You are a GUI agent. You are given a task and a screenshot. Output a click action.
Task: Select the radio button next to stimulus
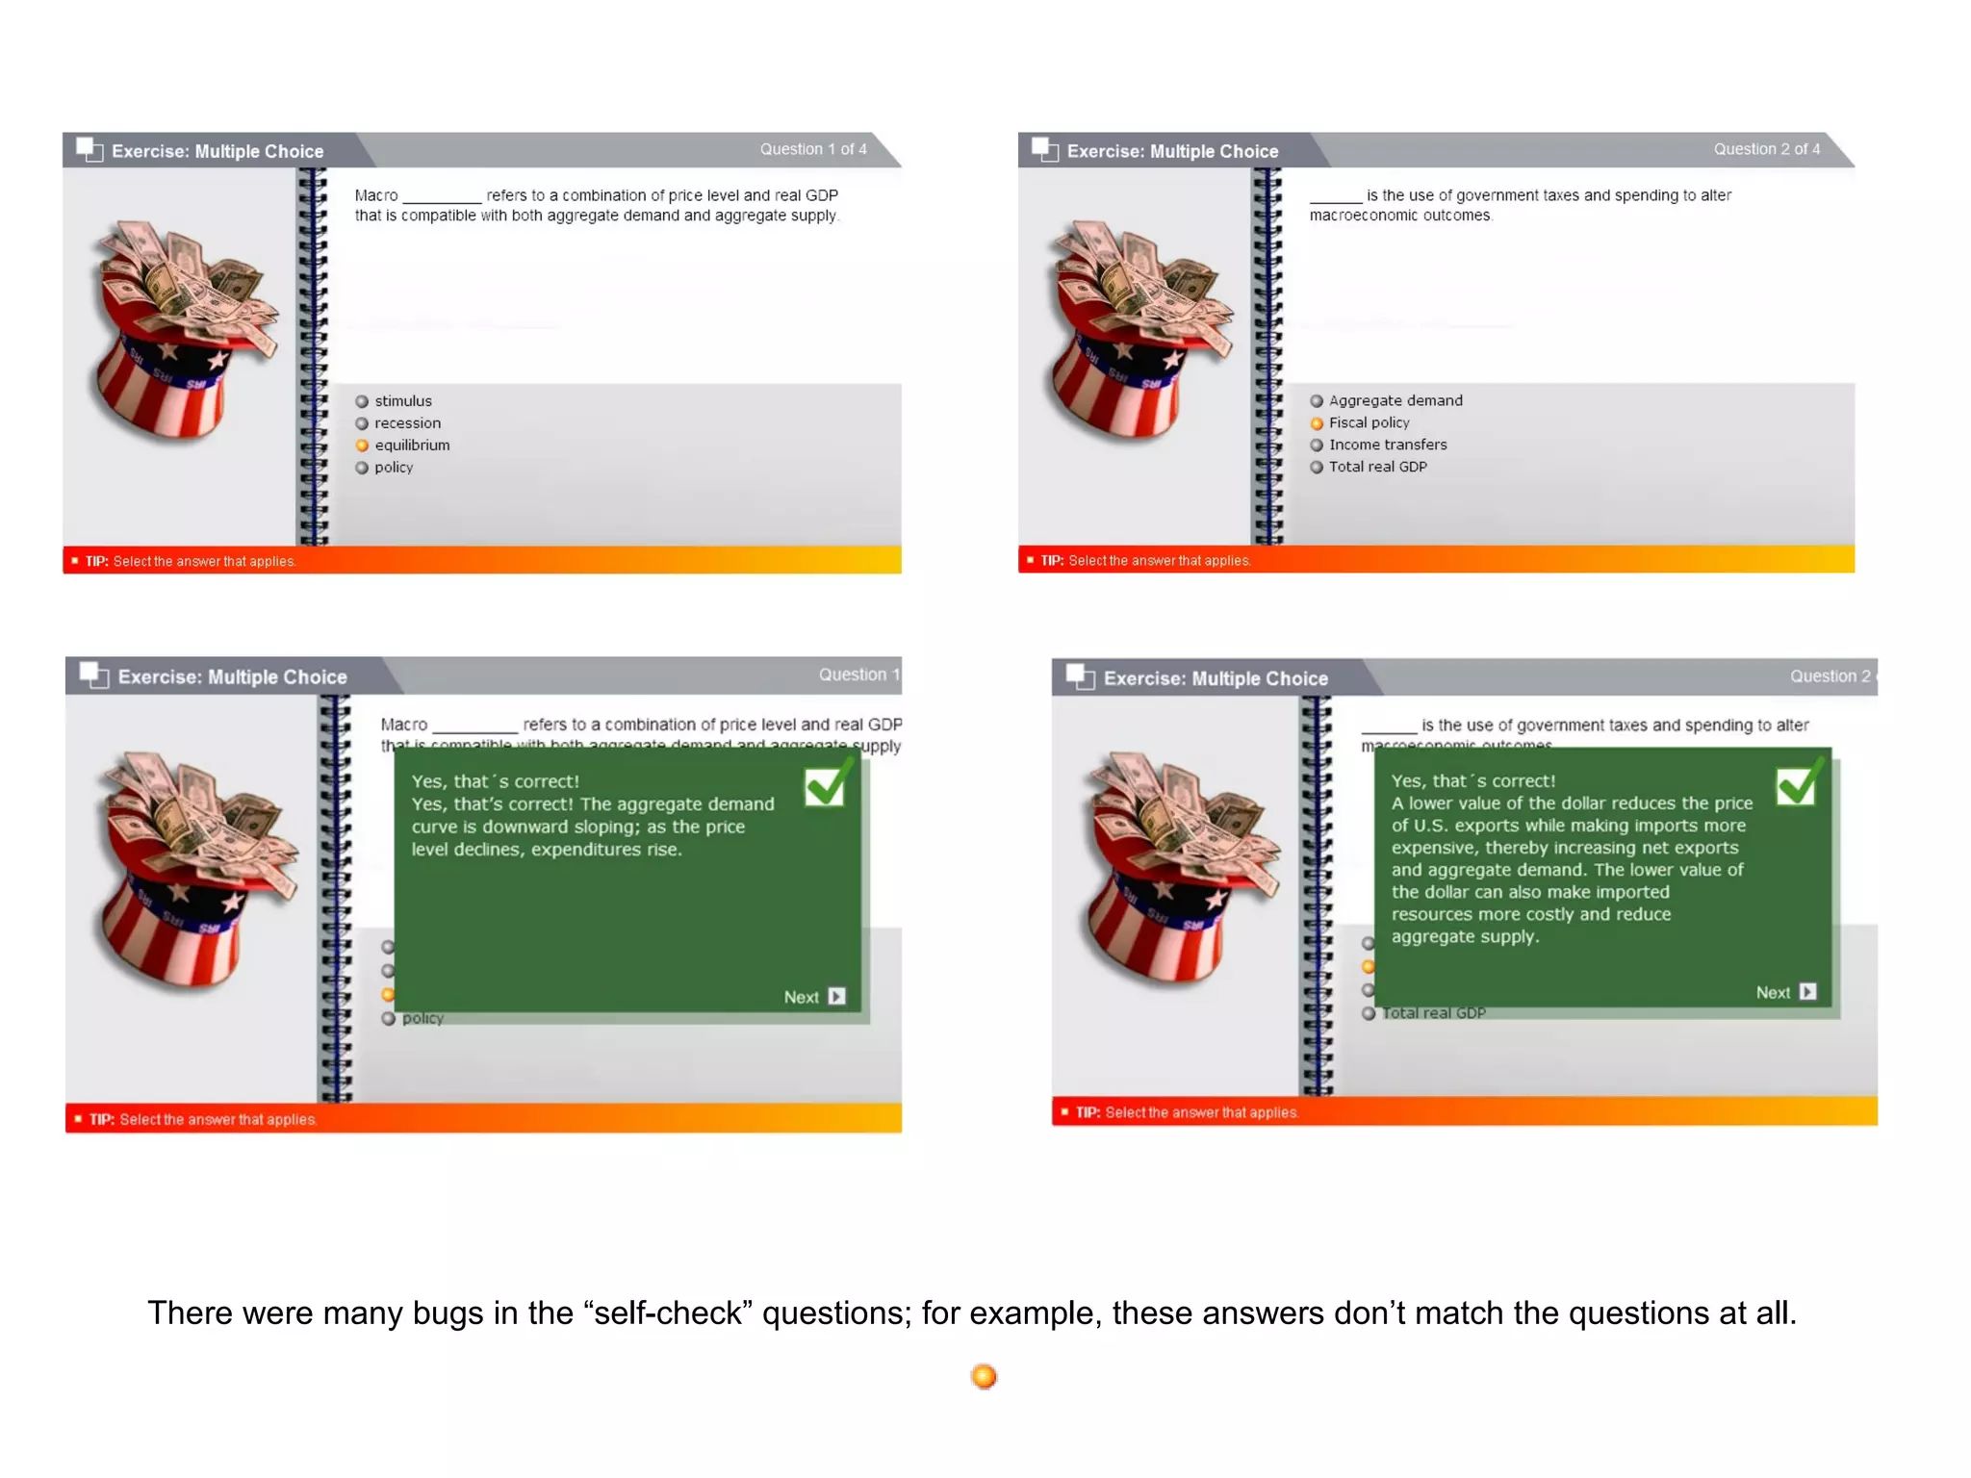coord(362,401)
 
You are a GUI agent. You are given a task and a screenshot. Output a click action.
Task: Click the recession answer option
coord(407,423)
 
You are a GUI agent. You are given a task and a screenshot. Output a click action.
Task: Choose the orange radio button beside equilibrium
coord(362,446)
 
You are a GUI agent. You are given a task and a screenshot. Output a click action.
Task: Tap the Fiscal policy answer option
coord(1369,423)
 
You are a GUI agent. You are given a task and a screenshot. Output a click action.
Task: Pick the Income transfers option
coord(1387,445)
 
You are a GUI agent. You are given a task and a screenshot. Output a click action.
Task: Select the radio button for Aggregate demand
coord(1317,401)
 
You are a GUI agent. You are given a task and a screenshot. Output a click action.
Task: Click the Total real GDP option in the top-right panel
coord(1377,467)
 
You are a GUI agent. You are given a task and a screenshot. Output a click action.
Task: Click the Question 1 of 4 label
coord(812,149)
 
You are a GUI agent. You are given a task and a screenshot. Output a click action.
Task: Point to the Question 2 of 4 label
coord(1766,149)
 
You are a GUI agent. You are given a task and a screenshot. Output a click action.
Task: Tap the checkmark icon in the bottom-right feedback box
coord(1798,784)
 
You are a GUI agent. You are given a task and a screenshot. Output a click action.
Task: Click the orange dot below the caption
coord(984,1376)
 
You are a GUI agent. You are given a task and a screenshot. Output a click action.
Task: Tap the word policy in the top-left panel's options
coord(394,468)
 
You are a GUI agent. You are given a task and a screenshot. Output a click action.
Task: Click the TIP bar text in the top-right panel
coord(1145,560)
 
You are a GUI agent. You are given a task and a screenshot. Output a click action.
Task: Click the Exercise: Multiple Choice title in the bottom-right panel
coord(1215,678)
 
